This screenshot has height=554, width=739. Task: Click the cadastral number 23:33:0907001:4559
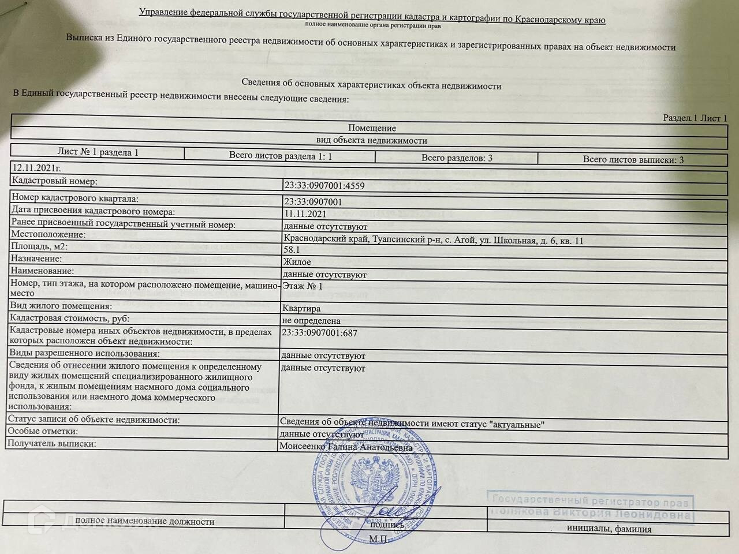pos(324,186)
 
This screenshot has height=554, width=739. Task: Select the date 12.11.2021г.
pos(36,168)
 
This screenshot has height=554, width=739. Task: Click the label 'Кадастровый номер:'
pos(55,181)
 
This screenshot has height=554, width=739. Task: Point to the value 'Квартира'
pos(301,308)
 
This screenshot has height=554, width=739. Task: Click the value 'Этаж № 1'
pos(303,286)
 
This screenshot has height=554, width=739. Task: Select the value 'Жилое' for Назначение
pos(297,263)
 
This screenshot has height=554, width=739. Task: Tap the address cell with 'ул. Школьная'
pos(433,240)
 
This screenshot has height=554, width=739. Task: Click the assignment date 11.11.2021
pos(305,214)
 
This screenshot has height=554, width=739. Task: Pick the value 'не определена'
pos(311,321)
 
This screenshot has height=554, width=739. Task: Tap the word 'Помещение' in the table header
pos(372,128)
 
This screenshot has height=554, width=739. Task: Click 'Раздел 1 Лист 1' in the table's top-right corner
pos(695,118)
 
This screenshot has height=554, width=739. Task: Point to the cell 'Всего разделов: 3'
pos(457,158)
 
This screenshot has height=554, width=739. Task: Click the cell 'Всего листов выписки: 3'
pos(633,159)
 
